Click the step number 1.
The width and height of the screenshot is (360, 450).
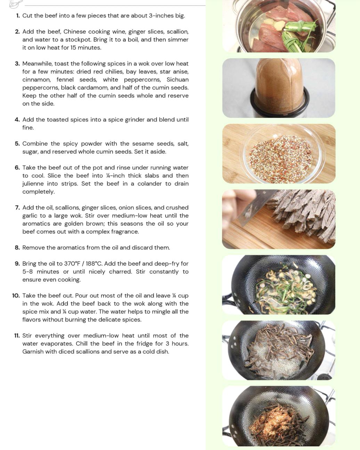click(x=18, y=16)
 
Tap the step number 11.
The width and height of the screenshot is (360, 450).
click(x=17, y=336)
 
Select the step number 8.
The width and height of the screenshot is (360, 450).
click(x=17, y=248)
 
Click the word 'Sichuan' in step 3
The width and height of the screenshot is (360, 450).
click(x=177, y=80)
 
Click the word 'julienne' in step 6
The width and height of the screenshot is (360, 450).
click(x=33, y=184)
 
